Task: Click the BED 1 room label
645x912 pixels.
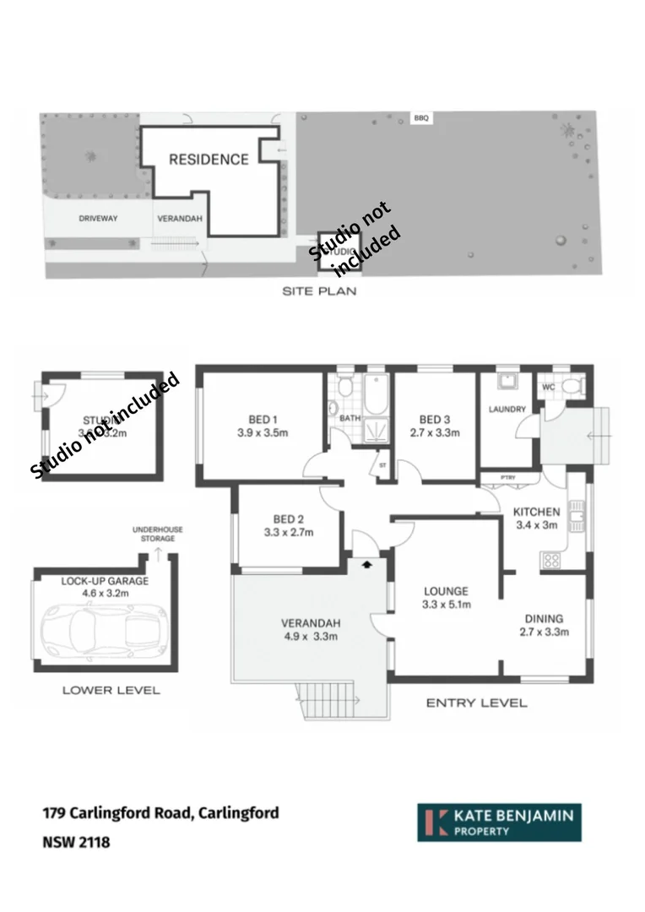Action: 261,420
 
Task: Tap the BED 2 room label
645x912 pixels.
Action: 288,518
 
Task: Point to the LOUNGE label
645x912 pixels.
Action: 446,591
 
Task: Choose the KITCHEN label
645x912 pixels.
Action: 537,512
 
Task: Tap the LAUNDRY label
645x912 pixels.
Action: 507,410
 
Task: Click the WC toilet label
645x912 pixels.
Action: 548,388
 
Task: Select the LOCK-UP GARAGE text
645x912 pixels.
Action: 105,581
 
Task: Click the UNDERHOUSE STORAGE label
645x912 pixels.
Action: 157,534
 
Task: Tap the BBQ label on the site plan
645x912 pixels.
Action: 421,118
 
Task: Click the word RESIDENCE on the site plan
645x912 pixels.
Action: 209,159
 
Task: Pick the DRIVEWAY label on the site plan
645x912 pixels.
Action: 98,219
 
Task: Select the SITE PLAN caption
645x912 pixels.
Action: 319,291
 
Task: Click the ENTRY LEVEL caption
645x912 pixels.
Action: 476,703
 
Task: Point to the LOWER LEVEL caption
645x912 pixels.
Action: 111,690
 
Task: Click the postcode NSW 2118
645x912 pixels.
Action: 76,842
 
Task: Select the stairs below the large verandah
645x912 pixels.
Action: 329,699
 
